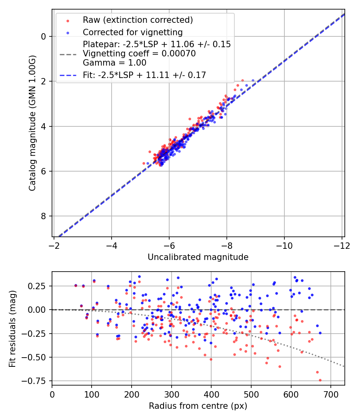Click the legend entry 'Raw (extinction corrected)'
[138, 20]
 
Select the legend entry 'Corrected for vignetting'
[132, 32]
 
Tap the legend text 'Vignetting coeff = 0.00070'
[139, 54]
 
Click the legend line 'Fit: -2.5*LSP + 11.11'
[144, 75]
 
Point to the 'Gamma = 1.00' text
[114, 63]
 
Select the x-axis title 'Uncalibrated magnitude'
[198, 257]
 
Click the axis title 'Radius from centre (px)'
[198, 406]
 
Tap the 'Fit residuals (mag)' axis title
[12, 328]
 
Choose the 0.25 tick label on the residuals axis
[38, 286]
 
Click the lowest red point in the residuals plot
[320, 380]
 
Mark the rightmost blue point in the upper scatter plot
[253, 80]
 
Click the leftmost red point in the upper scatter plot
[144, 163]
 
